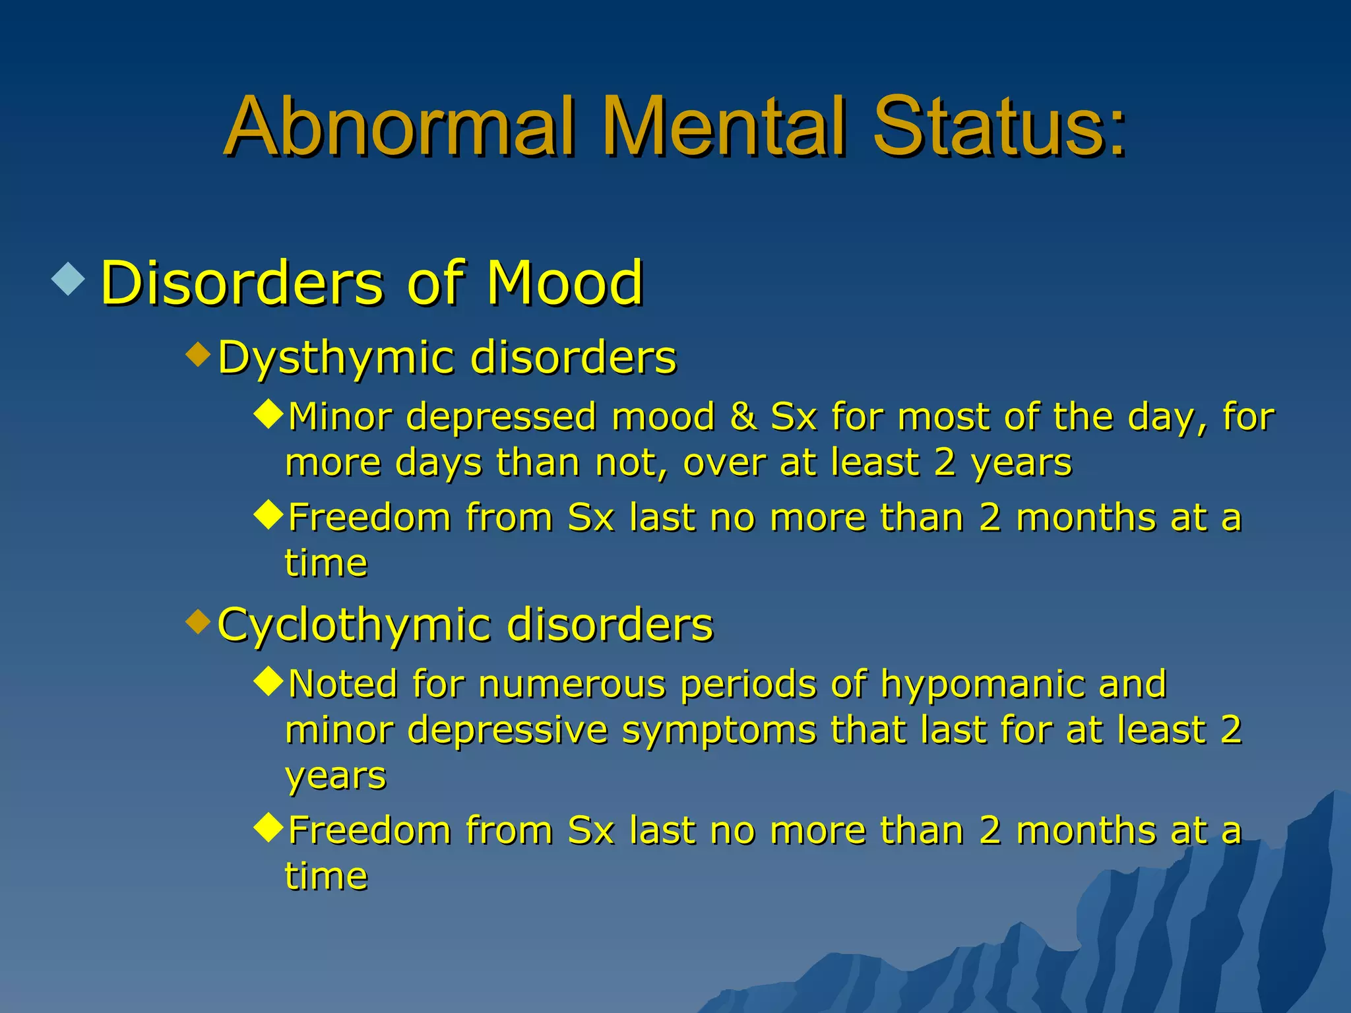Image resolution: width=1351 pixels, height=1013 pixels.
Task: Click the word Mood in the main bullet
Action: click(x=564, y=284)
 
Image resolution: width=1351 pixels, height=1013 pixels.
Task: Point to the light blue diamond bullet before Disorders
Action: click(x=69, y=278)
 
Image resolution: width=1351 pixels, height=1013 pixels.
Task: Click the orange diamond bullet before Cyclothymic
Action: click(x=198, y=621)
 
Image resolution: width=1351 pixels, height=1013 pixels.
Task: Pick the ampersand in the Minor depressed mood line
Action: click(x=743, y=417)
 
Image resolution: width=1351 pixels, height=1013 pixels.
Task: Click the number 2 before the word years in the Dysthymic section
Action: click(x=945, y=462)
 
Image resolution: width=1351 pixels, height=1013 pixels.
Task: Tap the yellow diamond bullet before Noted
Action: click(x=268, y=682)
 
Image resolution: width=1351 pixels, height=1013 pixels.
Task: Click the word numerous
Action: click(x=572, y=684)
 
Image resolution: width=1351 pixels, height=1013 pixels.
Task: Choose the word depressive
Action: click(x=507, y=730)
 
